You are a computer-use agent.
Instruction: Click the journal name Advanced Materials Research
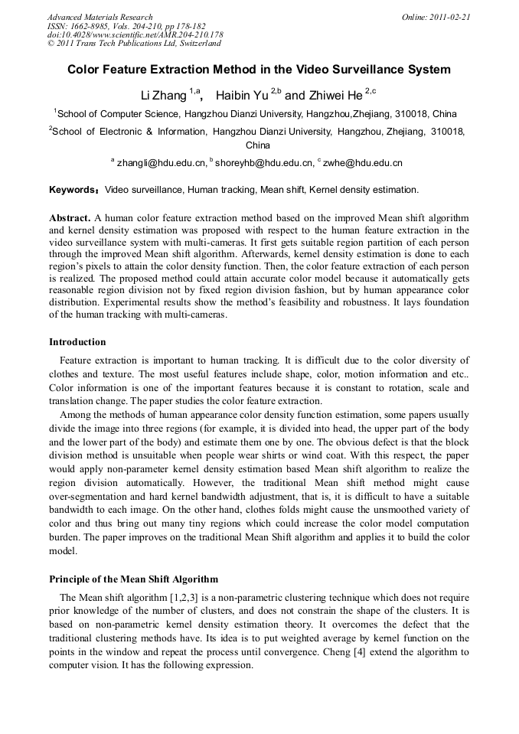[100, 17]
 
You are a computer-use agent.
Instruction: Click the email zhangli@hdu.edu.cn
[162, 163]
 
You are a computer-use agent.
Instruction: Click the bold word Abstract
[70, 218]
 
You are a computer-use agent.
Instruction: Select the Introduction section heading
[77, 342]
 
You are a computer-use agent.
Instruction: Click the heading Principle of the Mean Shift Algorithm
[133, 579]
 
